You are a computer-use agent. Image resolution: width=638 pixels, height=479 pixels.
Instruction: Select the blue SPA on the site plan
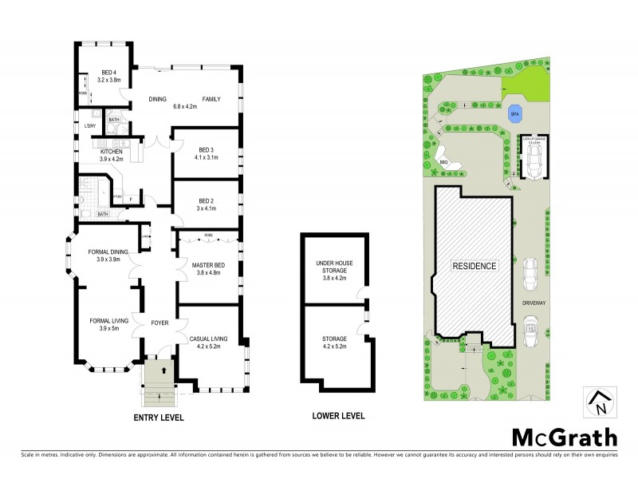pyautogui.click(x=514, y=113)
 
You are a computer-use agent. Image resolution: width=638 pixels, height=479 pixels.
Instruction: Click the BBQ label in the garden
pyautogui.click(x=444, y=162)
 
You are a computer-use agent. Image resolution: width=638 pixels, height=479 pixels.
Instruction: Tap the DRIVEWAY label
pyautogui.click(x=533, y=303)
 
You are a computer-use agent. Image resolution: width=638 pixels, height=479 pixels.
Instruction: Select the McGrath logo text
pyautogui.click(x=563, y=437)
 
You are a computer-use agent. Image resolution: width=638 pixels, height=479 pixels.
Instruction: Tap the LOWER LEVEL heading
pyautogui.click(x=337, y=415)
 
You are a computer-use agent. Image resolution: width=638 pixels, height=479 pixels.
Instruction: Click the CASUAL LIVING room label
pyautogui.click(x=209, y=338)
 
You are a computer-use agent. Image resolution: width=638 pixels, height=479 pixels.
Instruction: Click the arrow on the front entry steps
pyautogui.click(x=160, y=370)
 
